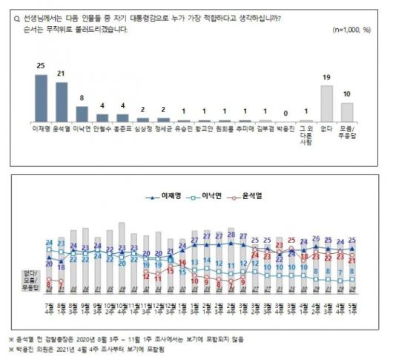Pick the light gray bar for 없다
pos(326,103)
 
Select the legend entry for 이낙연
pos(206,196)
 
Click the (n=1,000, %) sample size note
pos(354,29)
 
